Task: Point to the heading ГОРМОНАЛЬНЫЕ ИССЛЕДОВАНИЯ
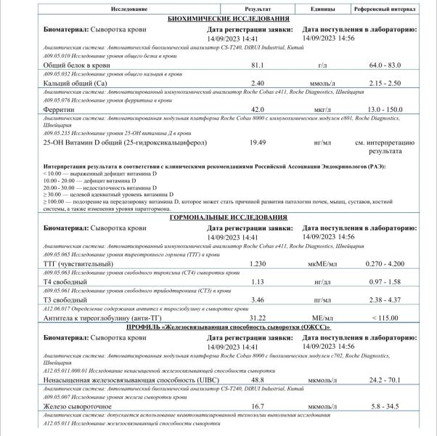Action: [x=230, y=217]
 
